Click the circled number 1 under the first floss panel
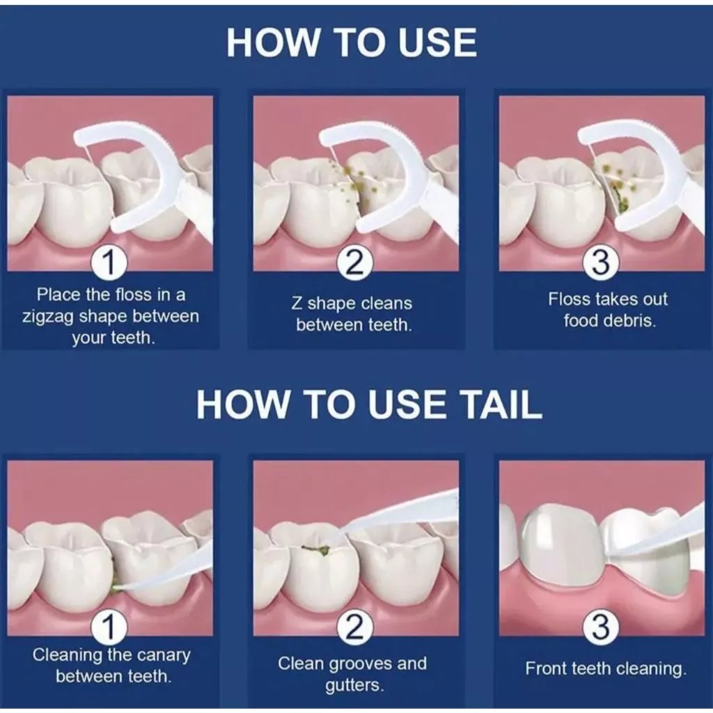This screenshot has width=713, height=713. pos(109,263)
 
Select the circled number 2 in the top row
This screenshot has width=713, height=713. pos(355,263)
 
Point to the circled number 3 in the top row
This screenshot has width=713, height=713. pos(601,263)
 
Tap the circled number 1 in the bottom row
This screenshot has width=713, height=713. pos(109,627)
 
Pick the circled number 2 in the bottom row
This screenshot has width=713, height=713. pos(355,627)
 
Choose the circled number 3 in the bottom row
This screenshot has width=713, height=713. pos(601,627)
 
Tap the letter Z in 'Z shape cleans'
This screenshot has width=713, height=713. pos(297,304)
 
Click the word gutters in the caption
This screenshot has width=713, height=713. pos(354,686)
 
